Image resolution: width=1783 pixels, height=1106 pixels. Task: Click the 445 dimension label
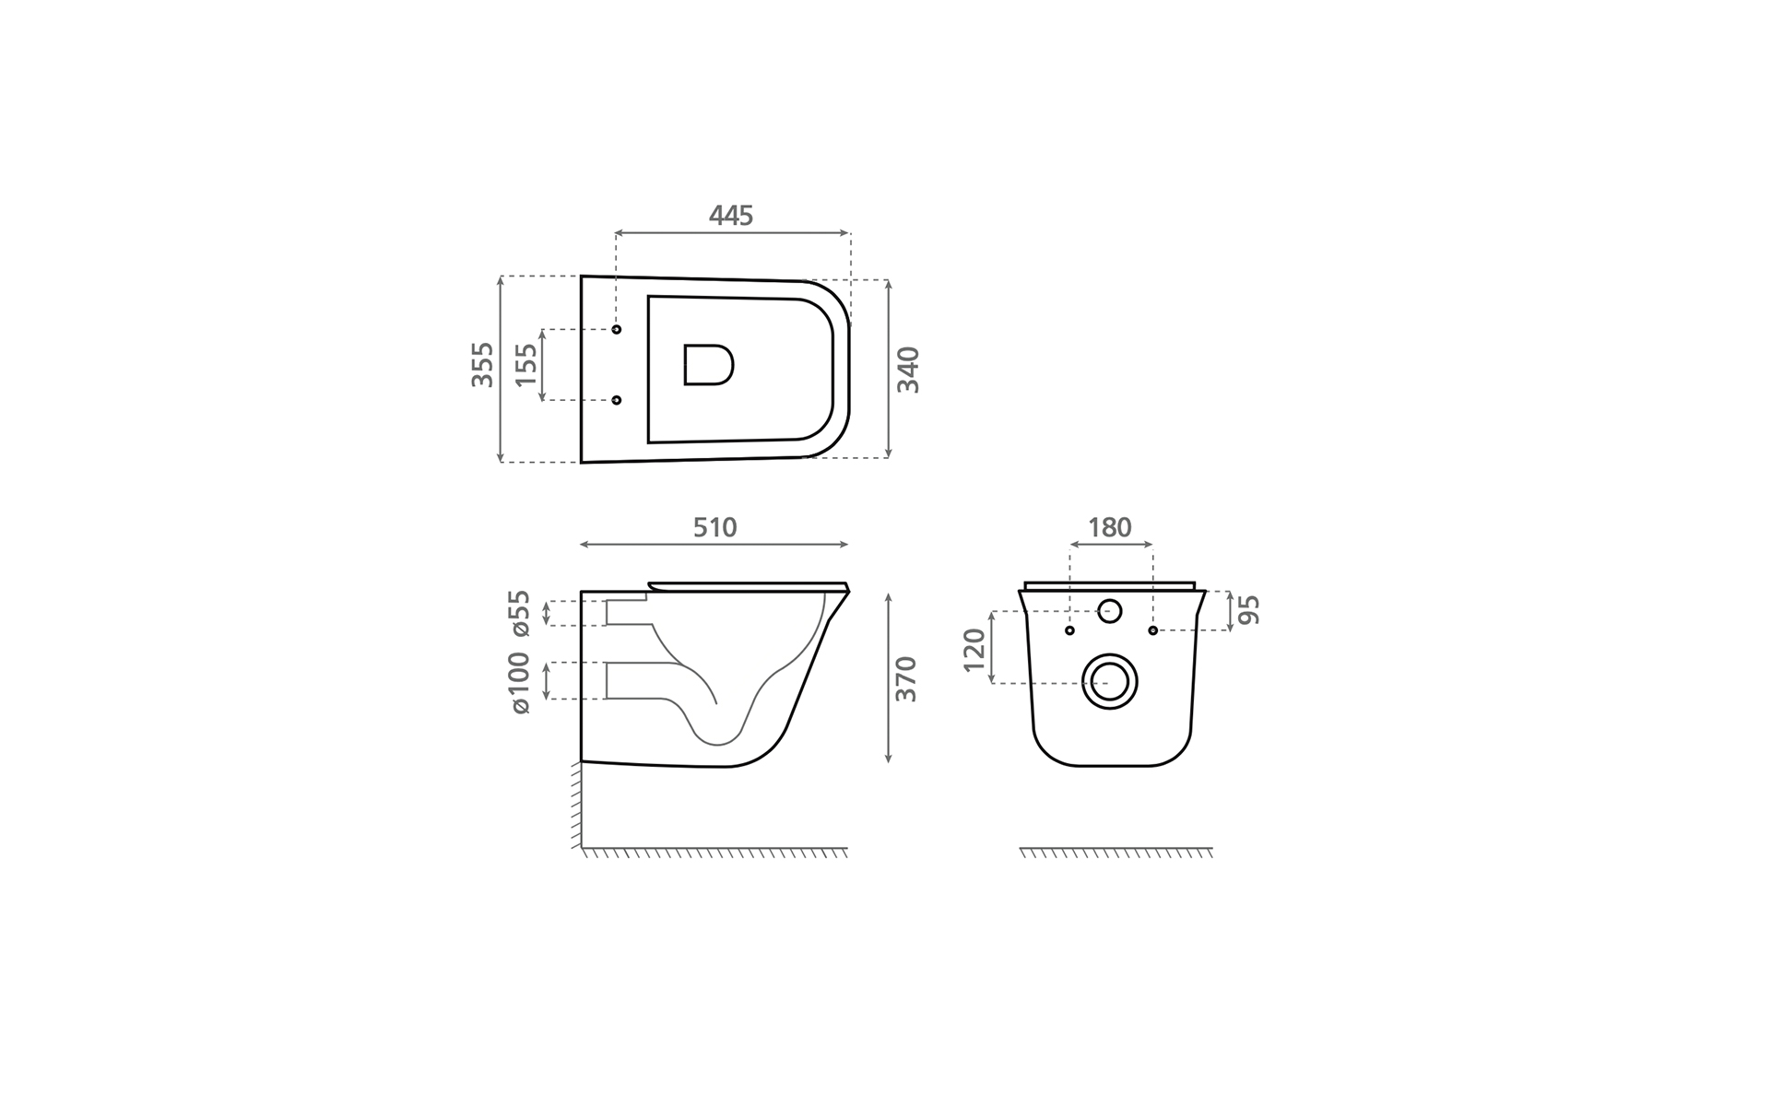point(731,216)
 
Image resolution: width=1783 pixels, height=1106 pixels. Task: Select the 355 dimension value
point(483,364)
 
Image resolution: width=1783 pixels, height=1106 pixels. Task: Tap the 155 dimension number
point(525,365)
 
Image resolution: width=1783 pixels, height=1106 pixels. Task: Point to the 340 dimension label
point(909,370)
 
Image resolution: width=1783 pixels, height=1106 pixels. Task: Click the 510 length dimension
point(715,527)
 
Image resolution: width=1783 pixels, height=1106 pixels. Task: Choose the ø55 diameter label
point(520,613)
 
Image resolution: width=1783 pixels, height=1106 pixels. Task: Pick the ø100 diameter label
point(520,683)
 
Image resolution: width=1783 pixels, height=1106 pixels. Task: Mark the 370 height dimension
point(907,679)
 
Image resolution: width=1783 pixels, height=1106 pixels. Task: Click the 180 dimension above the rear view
point(1109,527)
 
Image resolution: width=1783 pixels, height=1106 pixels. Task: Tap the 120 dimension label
point(974,651)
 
